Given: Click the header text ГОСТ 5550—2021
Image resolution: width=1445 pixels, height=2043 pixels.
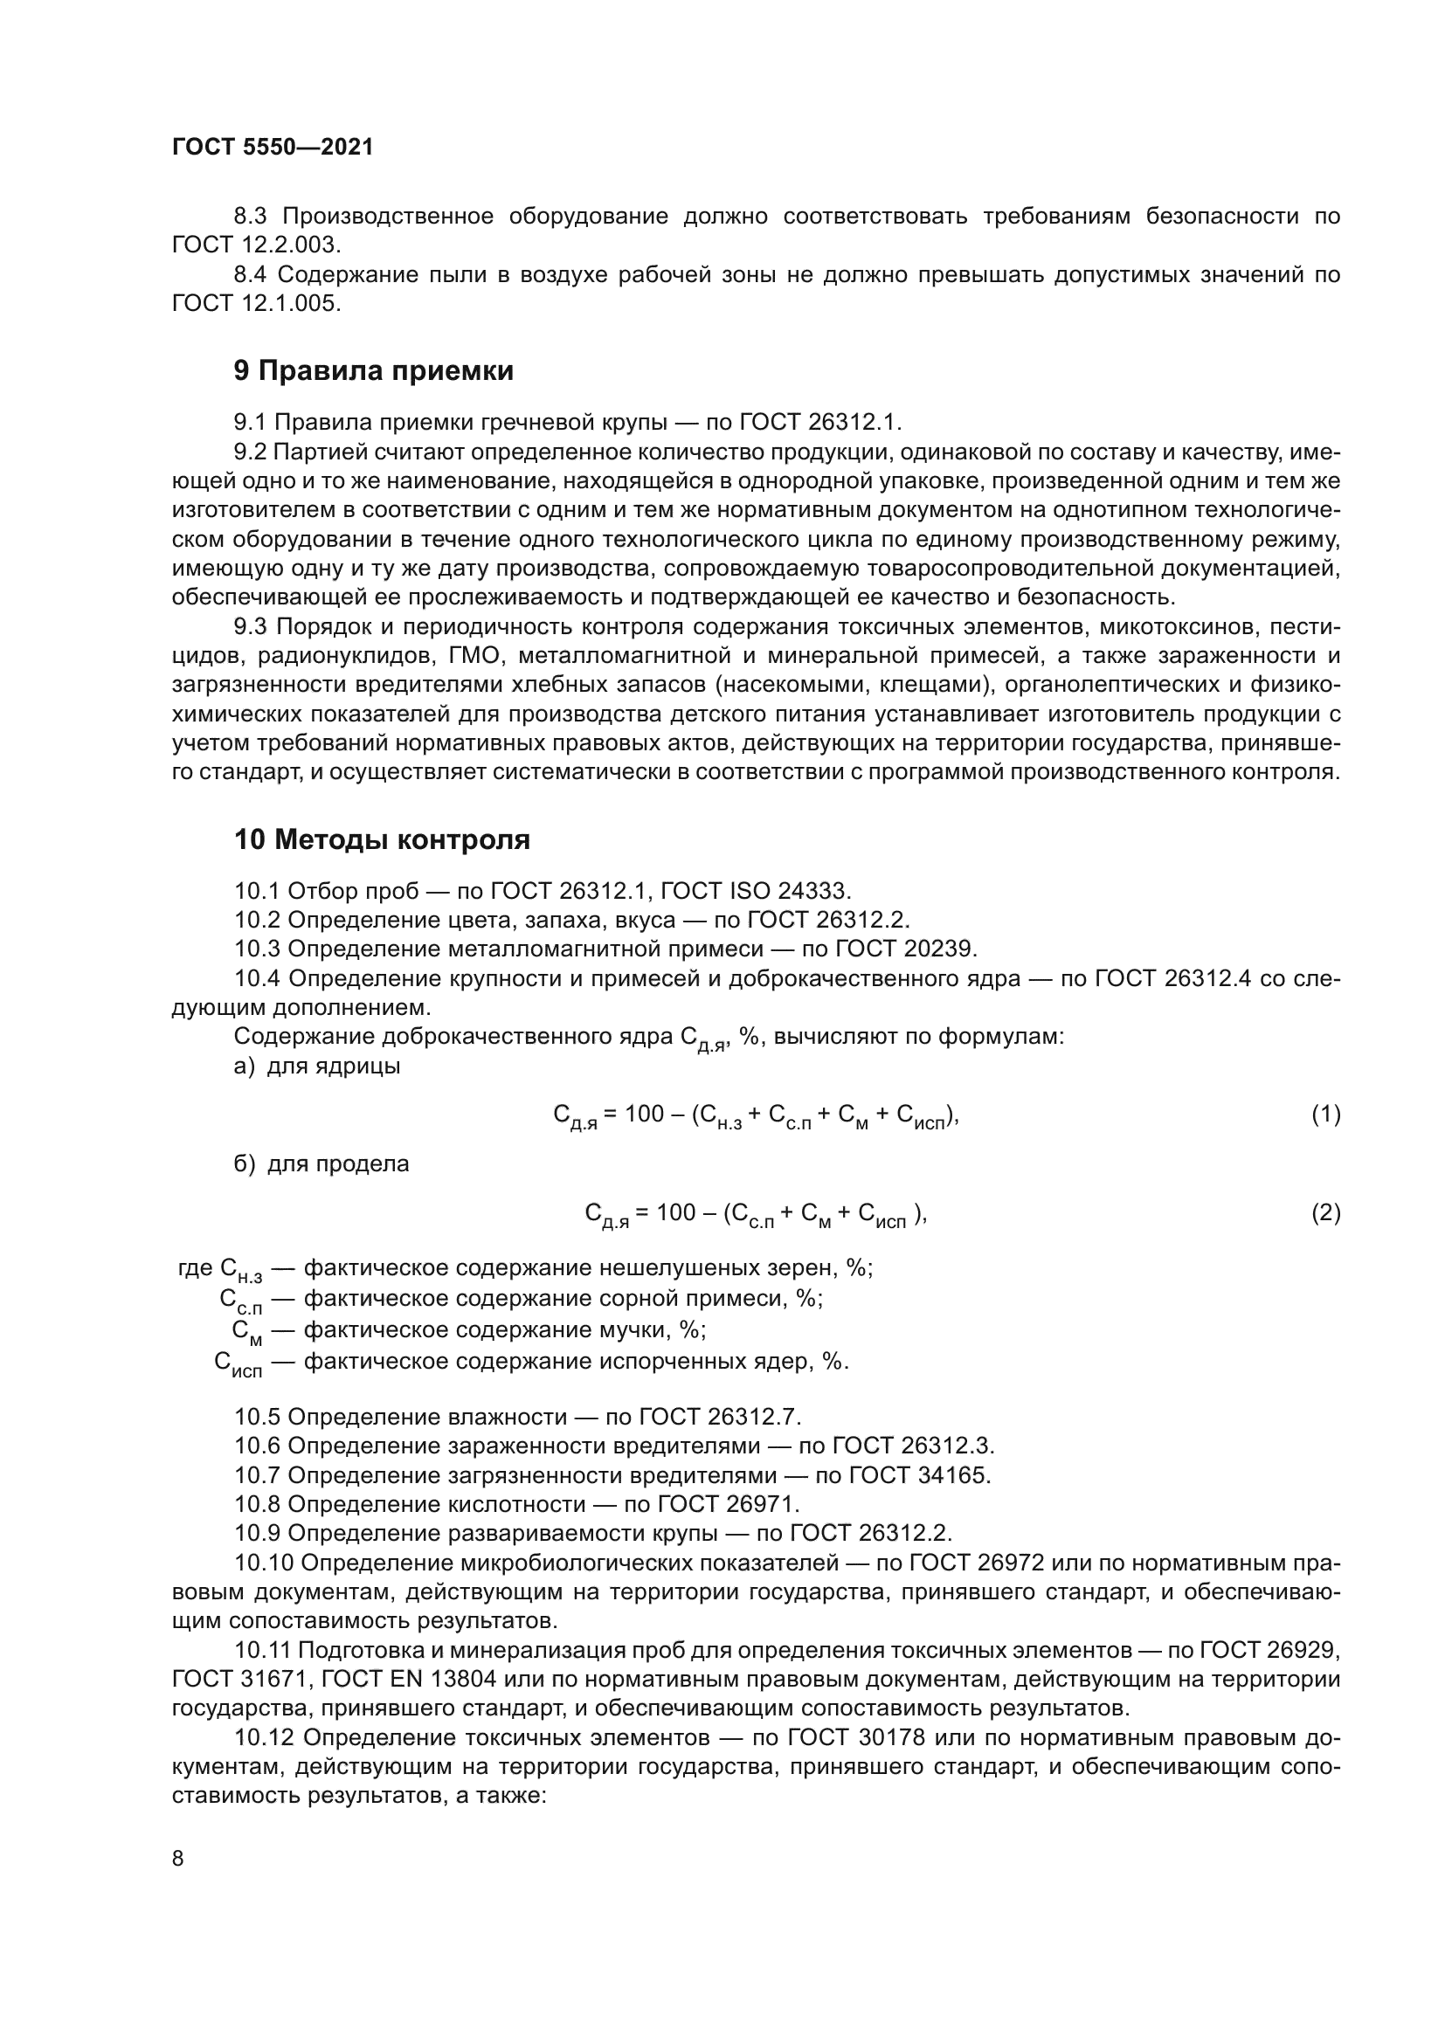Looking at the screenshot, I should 273,148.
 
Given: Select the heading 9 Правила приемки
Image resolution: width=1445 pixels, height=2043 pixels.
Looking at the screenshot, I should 374,370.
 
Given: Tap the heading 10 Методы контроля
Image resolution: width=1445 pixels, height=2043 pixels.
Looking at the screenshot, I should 382,839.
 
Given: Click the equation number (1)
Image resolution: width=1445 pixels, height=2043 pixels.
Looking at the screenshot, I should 1325,1114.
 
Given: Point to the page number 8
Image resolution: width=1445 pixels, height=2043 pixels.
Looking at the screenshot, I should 178,1859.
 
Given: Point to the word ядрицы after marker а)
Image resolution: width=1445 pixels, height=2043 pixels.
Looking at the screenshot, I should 357,1066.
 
